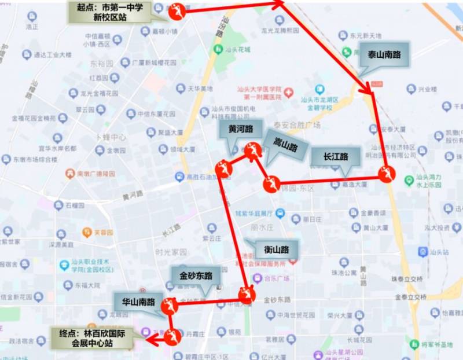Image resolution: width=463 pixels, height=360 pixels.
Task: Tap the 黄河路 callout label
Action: tap(240, 130)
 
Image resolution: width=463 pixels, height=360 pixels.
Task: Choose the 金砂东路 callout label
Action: tap(196, 275)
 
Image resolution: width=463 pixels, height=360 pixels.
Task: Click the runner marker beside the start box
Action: tap(177, 10)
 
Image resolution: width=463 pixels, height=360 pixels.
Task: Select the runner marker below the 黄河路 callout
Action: tap(223, 169)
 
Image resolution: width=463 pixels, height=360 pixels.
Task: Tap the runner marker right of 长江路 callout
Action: tap(387, 174)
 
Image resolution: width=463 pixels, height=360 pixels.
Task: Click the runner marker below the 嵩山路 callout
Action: tap(271, 185)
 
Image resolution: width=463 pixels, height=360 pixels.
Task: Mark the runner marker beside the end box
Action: tap(172, 336)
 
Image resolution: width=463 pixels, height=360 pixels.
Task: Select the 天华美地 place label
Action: tap(200, 89)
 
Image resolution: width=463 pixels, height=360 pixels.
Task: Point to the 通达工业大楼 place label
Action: tap(52, 55)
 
